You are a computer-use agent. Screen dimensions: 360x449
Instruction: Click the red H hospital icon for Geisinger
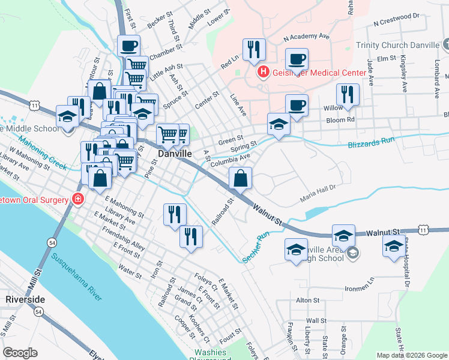coord(262,73)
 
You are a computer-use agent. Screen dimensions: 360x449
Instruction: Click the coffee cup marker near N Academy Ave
coord(297,59)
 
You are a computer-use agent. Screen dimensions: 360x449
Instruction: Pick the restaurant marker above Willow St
coord(348,95)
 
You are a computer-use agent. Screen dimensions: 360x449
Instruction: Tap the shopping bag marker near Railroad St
coord(240,178)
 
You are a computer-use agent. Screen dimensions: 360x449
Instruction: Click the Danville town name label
coord(175,154)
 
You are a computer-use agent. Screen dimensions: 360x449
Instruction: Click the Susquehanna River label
coord(76,277)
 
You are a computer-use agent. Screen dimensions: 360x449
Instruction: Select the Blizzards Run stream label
coord(373,145)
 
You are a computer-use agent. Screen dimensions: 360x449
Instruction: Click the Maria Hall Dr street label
coord(322,197)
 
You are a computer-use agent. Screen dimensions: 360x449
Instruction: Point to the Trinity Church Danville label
coord(406,45)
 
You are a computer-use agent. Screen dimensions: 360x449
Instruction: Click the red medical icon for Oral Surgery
coord(77,199)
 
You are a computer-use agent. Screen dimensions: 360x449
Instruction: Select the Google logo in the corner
coord(20,353)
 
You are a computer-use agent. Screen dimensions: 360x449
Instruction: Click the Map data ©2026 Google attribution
coord(412,355)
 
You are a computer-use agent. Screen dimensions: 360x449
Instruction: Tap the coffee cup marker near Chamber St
coord(128,46)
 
